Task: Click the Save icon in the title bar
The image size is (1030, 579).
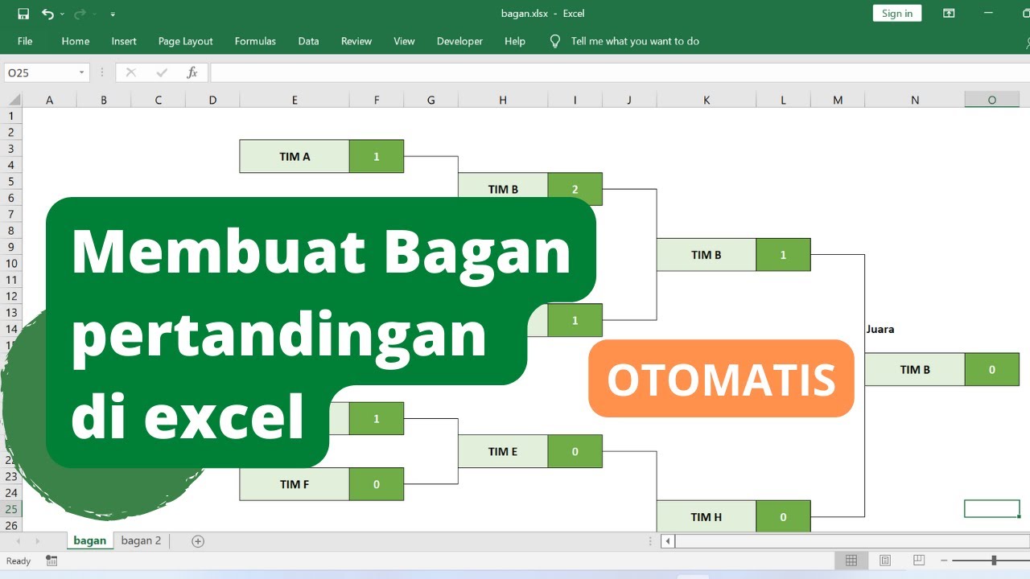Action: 23,14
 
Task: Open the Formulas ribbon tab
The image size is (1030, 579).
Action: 255,41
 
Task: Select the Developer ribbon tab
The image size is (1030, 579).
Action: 459,41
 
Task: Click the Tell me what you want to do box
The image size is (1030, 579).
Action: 634,41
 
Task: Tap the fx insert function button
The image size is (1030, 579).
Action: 192,73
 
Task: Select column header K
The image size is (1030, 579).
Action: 706,100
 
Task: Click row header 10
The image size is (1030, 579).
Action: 11,263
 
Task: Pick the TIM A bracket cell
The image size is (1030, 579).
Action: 295,157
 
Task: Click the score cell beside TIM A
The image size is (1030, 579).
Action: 376,157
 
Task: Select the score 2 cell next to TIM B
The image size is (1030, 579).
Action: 575,189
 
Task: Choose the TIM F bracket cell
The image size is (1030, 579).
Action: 295,484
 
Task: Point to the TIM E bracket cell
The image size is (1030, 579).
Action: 502,451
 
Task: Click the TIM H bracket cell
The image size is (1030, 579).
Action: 706,516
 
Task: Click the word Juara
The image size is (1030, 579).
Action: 880,329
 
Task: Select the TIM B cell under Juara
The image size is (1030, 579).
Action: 915,370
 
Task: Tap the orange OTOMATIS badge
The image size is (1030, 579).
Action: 721,379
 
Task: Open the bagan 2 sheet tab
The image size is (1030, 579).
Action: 141,540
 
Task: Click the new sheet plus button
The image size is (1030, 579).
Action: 198,541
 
